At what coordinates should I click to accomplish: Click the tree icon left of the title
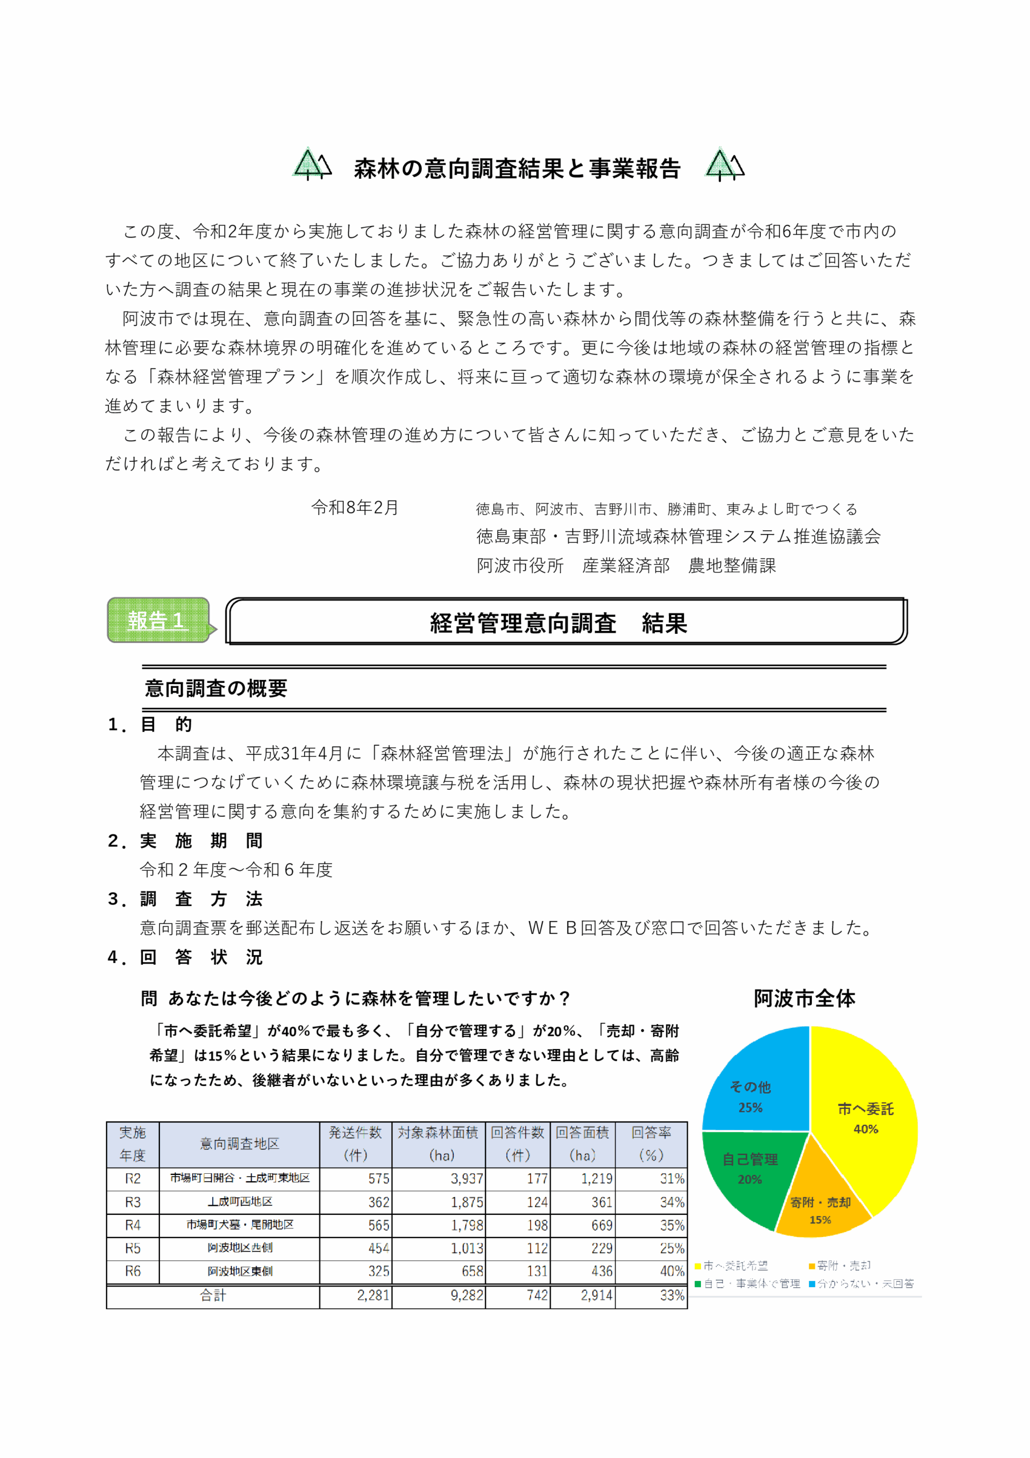(311, 165)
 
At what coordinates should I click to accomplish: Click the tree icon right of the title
(725, 165)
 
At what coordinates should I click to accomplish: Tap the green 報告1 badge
(158, 620)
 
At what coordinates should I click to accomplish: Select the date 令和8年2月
(354, 507)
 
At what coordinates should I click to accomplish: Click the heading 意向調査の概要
(216, 689)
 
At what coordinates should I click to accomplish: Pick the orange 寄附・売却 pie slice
(819, 1210)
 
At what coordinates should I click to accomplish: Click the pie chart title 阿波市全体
(804, 999)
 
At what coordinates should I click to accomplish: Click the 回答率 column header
(651, 1144)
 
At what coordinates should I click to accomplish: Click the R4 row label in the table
(133, 1225)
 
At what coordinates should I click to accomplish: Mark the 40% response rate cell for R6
(672, 1271)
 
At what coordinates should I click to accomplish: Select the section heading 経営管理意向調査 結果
(559, 623)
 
